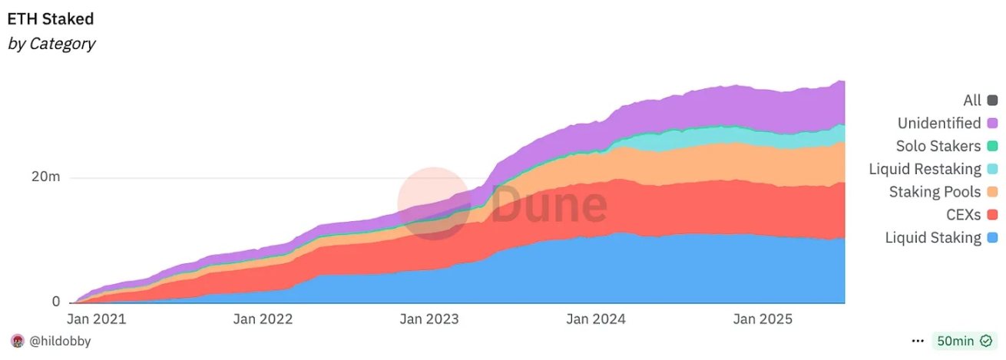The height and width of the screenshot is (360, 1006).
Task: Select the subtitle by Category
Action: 51,44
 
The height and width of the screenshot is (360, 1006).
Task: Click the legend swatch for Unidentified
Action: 992,123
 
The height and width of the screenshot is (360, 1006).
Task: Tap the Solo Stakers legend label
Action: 938,146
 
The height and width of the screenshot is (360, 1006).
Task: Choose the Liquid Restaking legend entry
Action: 925,169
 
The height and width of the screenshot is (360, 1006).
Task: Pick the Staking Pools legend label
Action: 935,192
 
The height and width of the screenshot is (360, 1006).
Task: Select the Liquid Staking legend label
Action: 933,238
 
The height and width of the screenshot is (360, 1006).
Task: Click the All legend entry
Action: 971,101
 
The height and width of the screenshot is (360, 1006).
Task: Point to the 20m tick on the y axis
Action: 45,177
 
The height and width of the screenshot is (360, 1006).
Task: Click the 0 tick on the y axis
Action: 56,302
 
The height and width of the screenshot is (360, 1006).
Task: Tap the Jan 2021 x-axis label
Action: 96,319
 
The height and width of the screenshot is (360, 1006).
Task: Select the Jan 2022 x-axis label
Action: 263,319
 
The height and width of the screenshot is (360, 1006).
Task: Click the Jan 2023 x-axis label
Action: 429,319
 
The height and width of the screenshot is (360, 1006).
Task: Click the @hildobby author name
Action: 61,341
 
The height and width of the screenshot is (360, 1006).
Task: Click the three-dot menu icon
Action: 918,341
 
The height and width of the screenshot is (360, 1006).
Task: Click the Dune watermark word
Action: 548,205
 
